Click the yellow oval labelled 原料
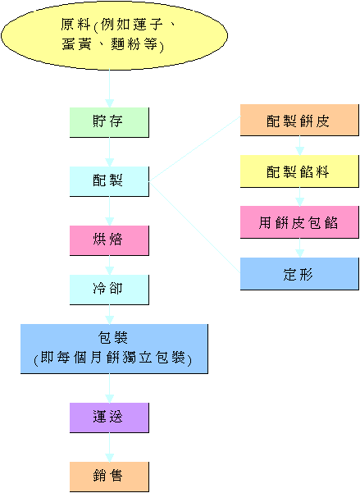point(110,36)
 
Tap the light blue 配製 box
point(109,180)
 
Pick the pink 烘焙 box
point(109,240)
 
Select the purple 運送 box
point(109,417)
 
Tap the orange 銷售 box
point(109,477)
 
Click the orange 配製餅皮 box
point(298,121)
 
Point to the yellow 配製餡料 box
point(298,171)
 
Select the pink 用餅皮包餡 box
point(298,222)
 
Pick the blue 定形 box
point(298,273)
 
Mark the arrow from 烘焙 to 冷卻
point(109,265)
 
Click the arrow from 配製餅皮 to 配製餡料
point(298,146)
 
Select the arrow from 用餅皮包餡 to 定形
point(298,248)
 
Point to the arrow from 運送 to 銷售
point(109,447)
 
